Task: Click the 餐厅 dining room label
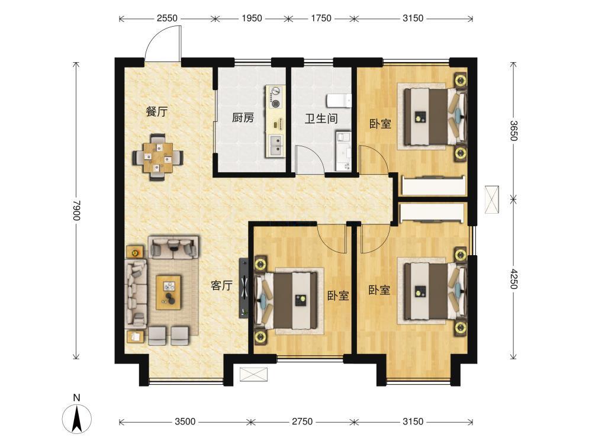pyautogui.click(x=156, y=112)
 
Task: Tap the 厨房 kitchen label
pyautogui.click(x=243, y=118)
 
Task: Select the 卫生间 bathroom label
pyautogui.click(x=321, y=119)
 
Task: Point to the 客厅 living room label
pyautogui.click(x=221, y=286)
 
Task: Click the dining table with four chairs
pyautogui.click(x=158, y=157)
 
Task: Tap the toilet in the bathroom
pyautogui.click(x=339, y=100)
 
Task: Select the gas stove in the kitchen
pyautogui.click(x=276, y=97)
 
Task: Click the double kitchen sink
pyautogui.click(x=276, y=146)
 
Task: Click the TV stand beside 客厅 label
pyautogui.click(x=244, y=288)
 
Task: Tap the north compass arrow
pyautogui.click(x=77, y=419)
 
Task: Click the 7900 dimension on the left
pyautogui.click(x=77, y=211)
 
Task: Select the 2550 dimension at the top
pyautogui.click(x=168, y=18)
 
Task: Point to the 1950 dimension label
pyautogui.click(x=252, y=18)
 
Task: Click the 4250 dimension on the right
pyautogui.click(x=513, y=279)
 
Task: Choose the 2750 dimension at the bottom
pyautogui.click(x=302, y=422)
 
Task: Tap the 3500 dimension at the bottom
pyautogui.click(x=185, y=422)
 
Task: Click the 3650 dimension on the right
pyautogui.click(x=513, y=130)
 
